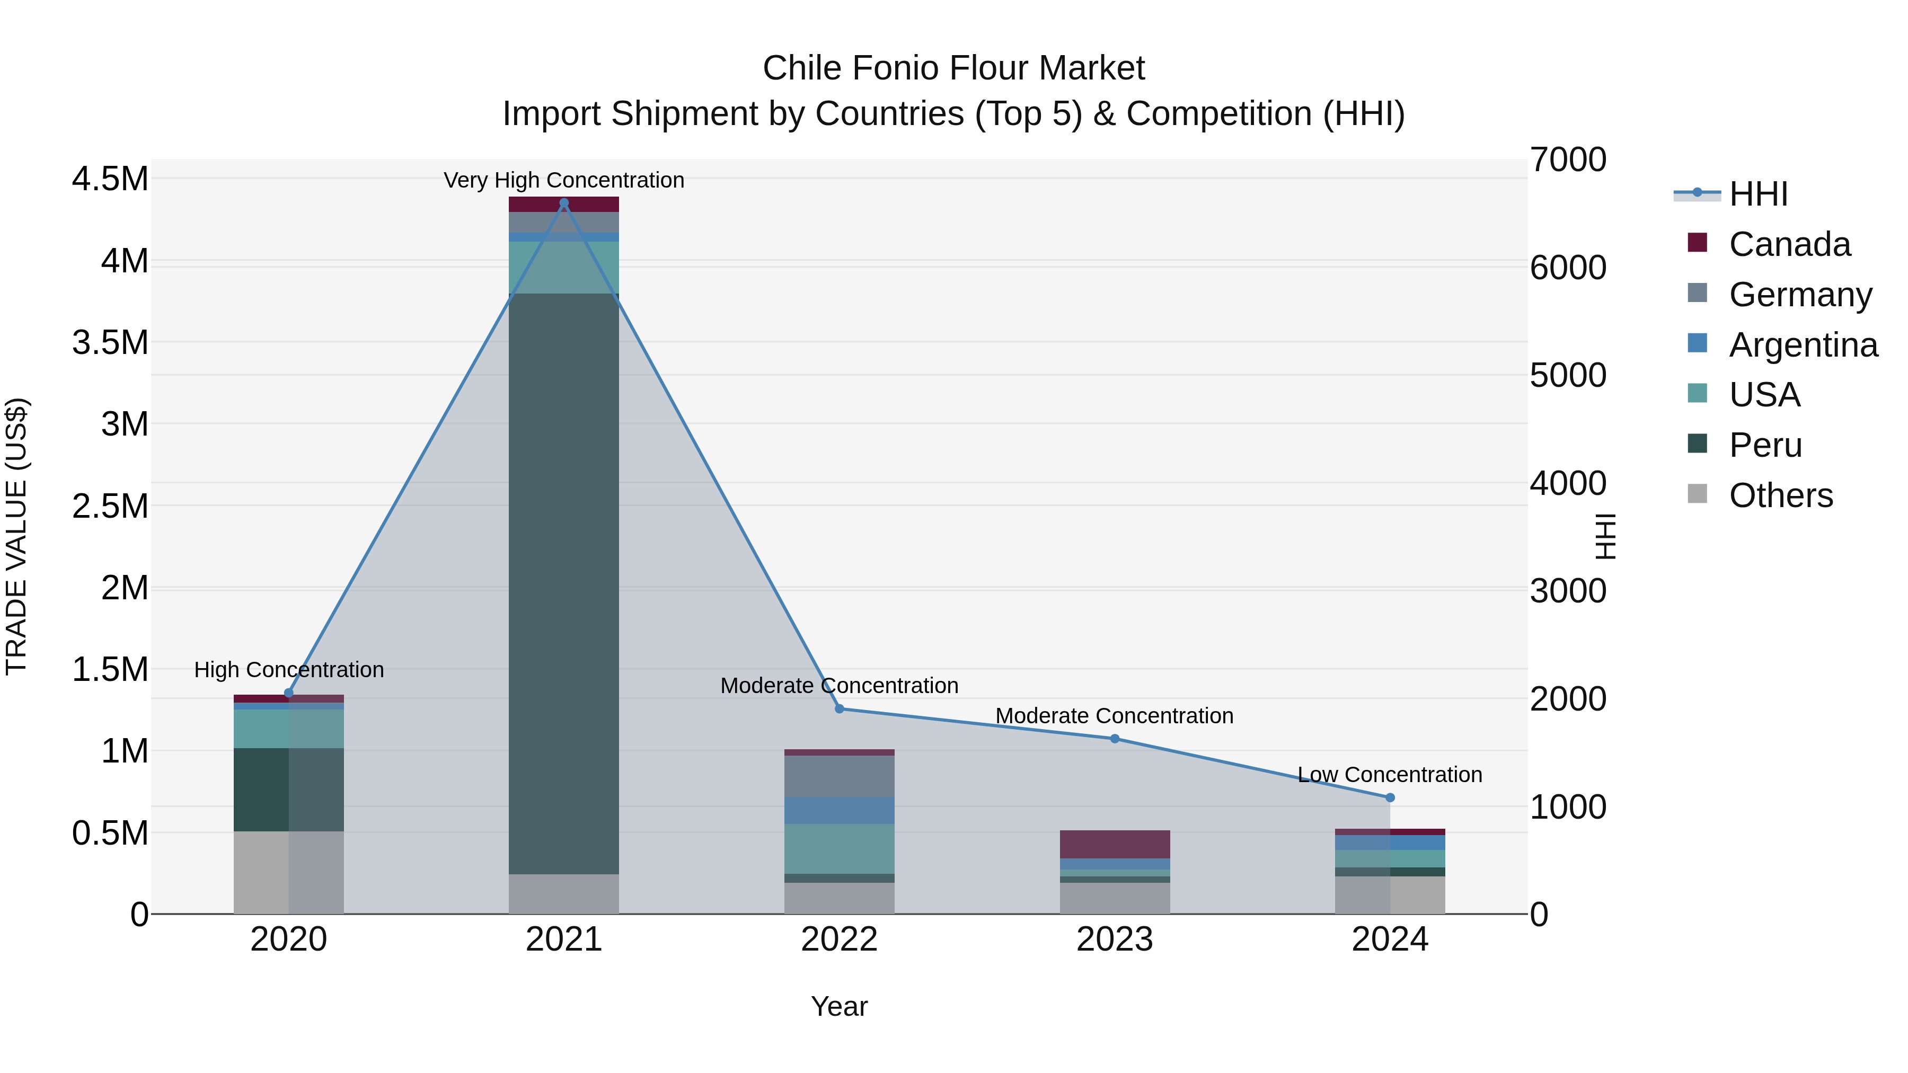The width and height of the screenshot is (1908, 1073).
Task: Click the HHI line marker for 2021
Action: point(564,203)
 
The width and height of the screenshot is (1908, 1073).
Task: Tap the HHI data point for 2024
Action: point(1390,797)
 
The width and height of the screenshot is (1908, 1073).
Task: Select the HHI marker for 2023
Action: point(1115,738)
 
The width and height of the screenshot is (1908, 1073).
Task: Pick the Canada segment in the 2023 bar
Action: point(1115,844)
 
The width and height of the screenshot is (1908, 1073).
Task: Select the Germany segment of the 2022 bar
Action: point(839,776)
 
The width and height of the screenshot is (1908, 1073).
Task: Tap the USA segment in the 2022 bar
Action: point(839,849)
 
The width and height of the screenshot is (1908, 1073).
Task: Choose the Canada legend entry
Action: point(1789,244)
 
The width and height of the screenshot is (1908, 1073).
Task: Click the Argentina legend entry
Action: point(1803,345)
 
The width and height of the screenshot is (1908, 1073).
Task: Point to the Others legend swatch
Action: point(1697,494)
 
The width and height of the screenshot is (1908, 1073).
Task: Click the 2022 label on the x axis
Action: point(839,939)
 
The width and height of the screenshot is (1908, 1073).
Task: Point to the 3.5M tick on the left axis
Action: point(110,343)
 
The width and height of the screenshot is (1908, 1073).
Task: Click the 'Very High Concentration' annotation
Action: point(564,180)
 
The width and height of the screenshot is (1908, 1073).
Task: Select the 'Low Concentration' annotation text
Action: point(1390,775)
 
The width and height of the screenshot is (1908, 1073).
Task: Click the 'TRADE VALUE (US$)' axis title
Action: point(16,536)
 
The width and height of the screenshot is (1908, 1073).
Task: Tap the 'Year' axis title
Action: point(839,1006)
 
